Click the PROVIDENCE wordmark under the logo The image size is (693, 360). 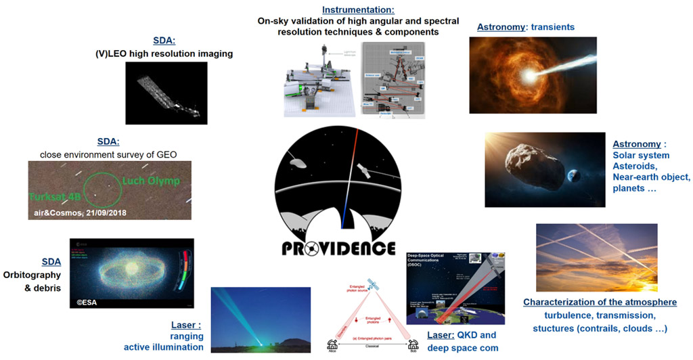click(338, 248)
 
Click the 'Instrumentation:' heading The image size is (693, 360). click(348, 10)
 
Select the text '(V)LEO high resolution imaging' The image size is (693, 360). click(164, 53)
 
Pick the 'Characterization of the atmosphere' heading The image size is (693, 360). click(600, 302)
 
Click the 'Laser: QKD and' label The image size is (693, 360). click(462, 335)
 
